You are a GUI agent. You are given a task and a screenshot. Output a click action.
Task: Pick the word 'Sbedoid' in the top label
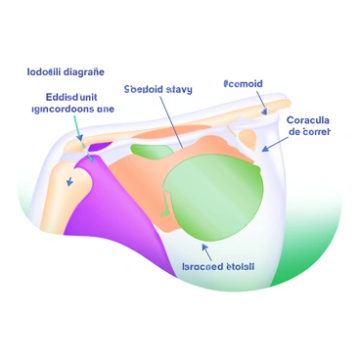click(x=144, y=89)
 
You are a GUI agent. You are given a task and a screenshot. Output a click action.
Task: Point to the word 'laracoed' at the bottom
click(x=202, y=265)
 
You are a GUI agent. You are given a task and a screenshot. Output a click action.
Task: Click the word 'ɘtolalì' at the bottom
click(x=241, y=265)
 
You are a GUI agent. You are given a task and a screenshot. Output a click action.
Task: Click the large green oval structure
click(x=215, y=190)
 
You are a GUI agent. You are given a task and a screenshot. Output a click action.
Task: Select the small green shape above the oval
click(x=154, y=153)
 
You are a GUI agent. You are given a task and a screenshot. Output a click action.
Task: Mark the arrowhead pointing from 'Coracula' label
click(x=264, y=149)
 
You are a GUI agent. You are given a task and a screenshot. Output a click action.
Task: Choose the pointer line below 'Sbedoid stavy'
click(x=172, y=122)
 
